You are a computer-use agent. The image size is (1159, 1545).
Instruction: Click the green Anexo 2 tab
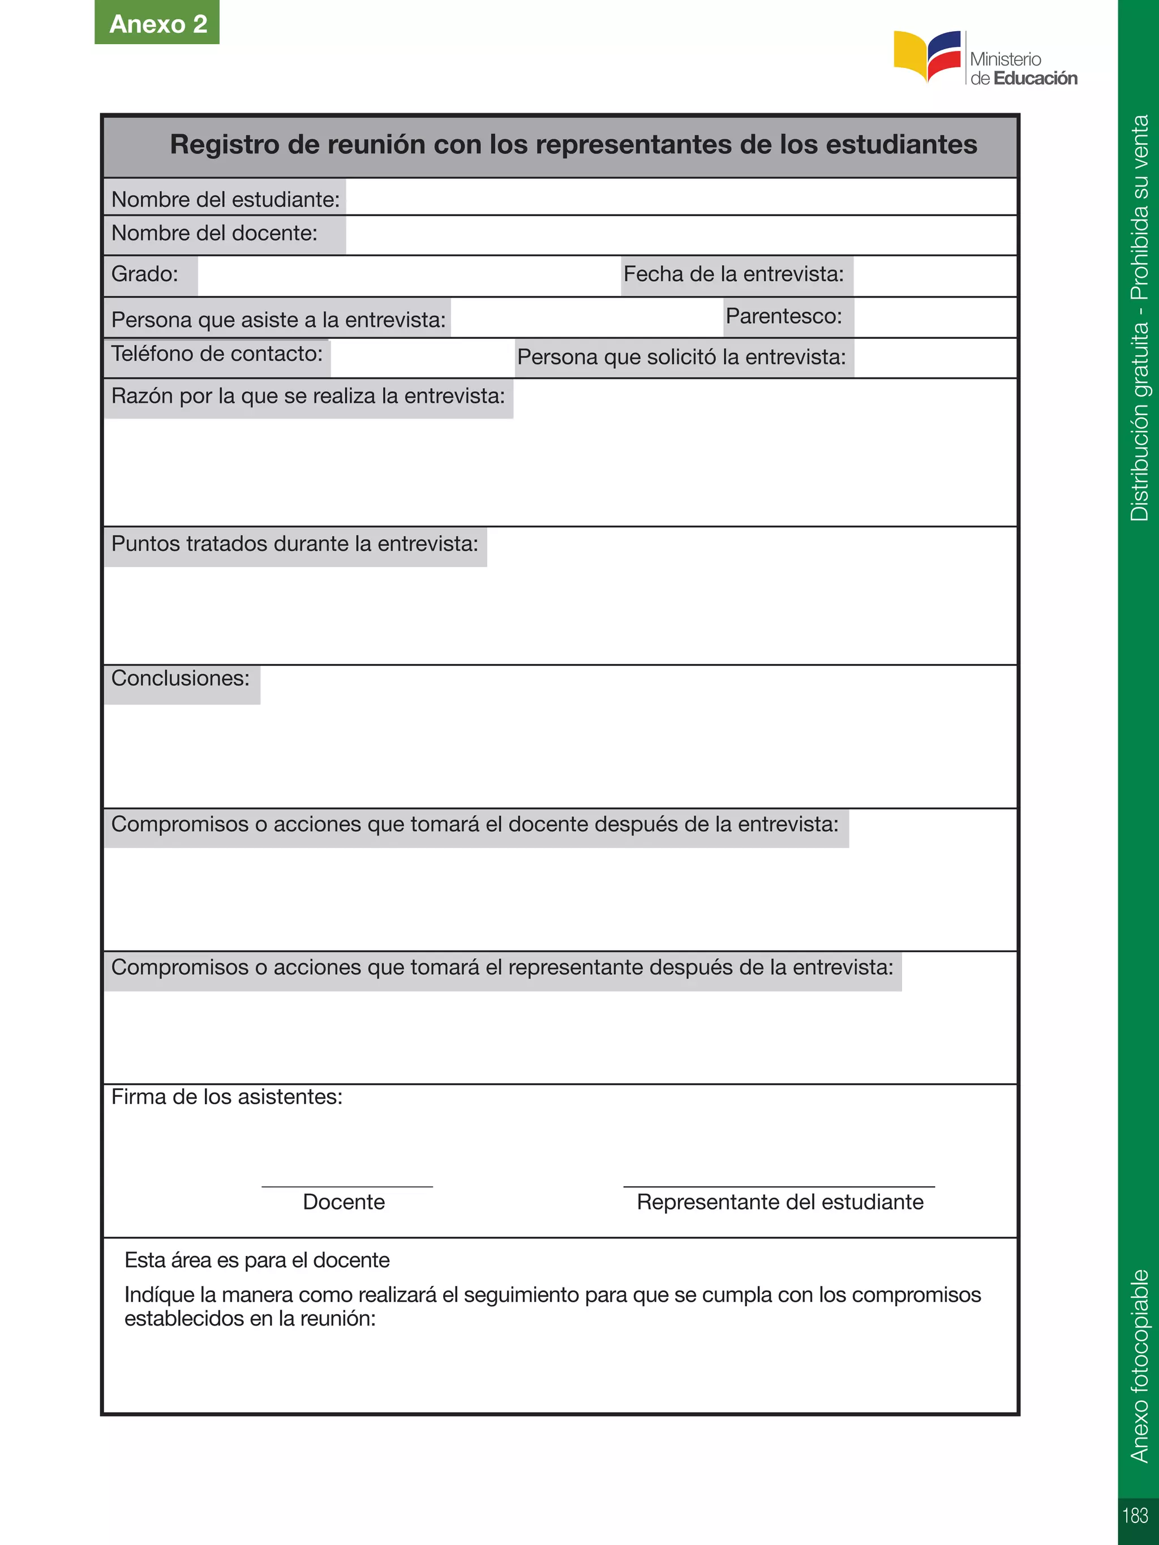(x=157, y=23)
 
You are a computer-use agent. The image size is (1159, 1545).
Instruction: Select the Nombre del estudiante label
(x=225, y=200)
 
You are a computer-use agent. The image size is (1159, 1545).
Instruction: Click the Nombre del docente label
(x=214, y=233)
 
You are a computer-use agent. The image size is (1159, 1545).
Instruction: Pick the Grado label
(x=145, y=274)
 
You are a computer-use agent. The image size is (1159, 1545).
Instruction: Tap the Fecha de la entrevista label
(x=733, y=274)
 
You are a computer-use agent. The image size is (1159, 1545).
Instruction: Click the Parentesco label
(x=784, y=316)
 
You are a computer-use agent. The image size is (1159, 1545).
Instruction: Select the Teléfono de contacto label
(x=217, y=354)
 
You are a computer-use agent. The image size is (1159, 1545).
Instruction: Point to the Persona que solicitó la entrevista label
(x=681, y=358)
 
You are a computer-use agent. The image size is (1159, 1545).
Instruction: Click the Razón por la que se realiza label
(x=307, y=396)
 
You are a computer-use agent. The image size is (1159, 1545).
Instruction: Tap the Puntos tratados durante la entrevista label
(x=294, y=544)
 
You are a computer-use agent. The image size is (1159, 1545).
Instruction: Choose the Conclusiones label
(x=180, y=678)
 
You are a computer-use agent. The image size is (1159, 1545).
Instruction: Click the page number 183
(x=1135, y=1515)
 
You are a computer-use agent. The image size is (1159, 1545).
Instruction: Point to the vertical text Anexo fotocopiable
(x=1139, y=1366)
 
